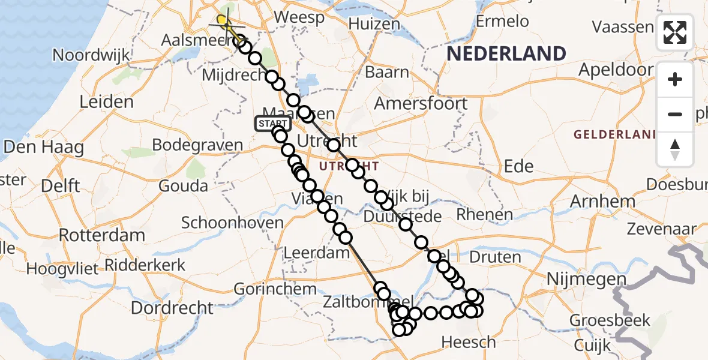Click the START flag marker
coord(273,124)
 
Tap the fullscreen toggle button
coord(675,32)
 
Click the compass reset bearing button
coord(675,149)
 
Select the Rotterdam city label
coord(102,235)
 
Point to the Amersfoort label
coord(421,103)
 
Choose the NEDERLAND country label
coord(506,54)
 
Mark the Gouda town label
coord(183,186)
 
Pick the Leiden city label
coord(106,101)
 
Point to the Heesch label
coord(469,342)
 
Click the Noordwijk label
coord(91,55)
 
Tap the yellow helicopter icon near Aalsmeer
coord(223,21)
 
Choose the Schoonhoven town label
coord(232,223)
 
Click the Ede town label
coord(518,166)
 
